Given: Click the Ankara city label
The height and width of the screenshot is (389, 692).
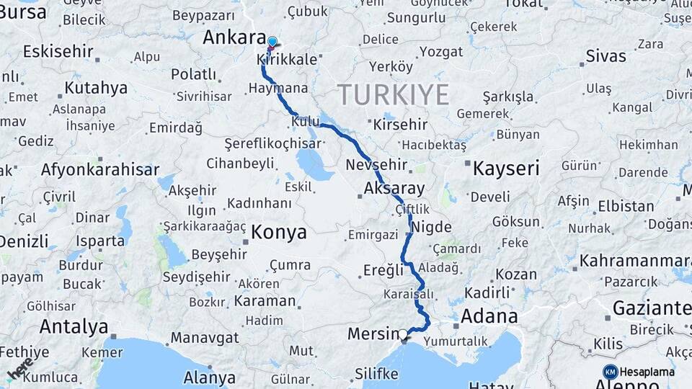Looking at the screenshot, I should (234, 37).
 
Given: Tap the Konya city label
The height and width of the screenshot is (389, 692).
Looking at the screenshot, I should (279, 232).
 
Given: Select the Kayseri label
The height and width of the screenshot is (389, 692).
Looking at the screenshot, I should (506, 169).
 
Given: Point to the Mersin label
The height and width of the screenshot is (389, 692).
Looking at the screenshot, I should (373, 334).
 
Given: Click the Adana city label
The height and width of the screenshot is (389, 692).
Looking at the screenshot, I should (489, 316).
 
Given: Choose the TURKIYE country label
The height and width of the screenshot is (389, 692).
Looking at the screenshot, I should (393, 94).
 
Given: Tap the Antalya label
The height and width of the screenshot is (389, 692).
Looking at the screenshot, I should (74, 326).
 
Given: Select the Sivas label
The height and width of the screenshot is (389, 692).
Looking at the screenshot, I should (605, 55).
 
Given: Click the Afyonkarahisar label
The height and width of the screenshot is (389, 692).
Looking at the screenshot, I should (100, 170).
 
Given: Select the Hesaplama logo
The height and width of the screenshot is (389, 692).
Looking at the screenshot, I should (639, 372).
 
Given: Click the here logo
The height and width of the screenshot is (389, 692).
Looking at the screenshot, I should (19, 368).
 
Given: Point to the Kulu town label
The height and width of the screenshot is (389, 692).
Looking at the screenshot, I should (305, 122).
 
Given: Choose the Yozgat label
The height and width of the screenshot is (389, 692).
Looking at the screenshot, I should (441, 52).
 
